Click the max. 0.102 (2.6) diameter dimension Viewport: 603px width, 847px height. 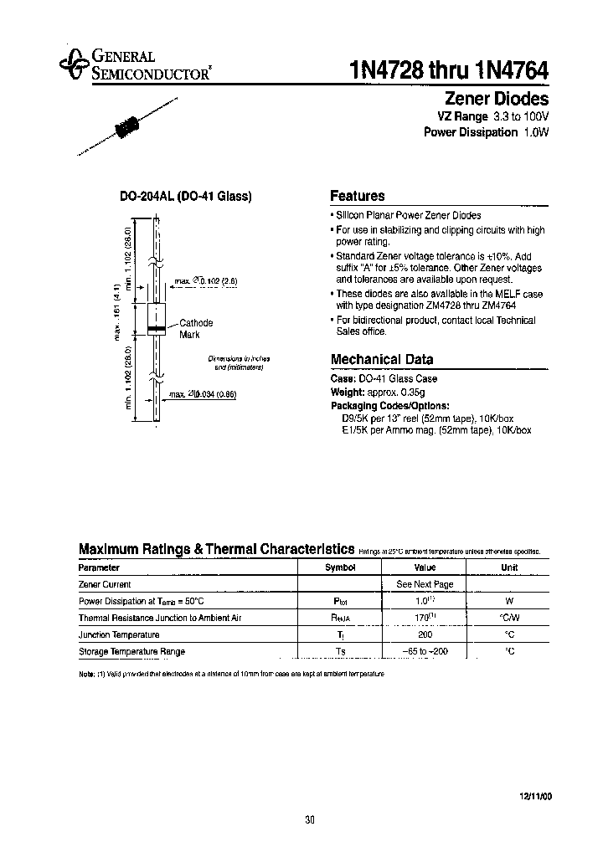pyautogui.click(x=206, y=283)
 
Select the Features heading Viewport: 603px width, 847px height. pyautogui.click(x=358, y=196)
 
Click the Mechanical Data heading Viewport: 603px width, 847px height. pyautogui.click(x=382, y=359)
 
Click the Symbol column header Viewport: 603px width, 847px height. pyautogui.click(x=340, y=567)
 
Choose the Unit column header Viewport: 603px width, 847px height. pyautogui.click(x=509, y=567)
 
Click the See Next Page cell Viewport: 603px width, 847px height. pyautogui.click(x=425, y=584)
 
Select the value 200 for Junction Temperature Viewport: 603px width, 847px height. pyautogui.click(x=425, y=634)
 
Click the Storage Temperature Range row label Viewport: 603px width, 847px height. pyautogui.click(x=131, y=651)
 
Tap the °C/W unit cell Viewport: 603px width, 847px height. pyautogui.click(x=509, y=618)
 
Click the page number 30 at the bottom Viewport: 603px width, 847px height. pyautogui.click(x=310, y=820)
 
